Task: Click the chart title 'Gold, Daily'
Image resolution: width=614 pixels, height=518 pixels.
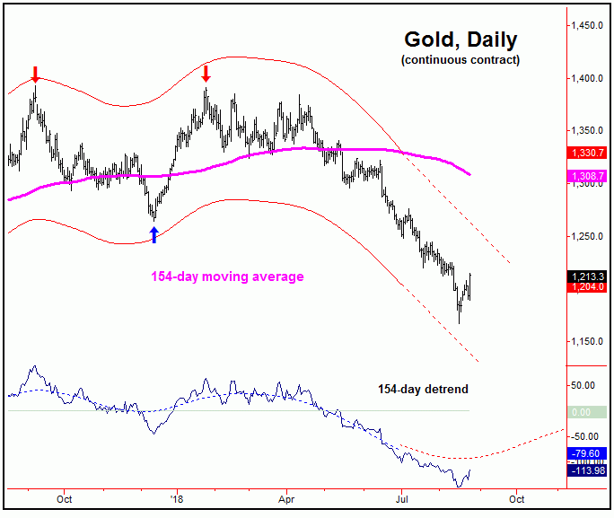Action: pos(460,40)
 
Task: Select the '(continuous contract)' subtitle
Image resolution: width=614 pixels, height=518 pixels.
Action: pos(460,60)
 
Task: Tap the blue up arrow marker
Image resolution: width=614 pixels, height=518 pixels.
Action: pos(153,234)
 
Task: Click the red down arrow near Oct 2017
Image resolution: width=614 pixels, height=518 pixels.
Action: pos(35,74)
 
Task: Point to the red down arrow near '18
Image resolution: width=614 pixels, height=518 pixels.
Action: pos(206,73)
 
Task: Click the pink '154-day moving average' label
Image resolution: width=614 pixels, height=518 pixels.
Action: pos(226,277)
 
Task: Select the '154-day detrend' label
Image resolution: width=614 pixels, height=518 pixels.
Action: pos(422,389)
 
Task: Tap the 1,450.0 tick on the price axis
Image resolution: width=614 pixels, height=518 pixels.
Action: pos(589,26)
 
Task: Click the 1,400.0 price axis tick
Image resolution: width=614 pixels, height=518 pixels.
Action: pos(589,79)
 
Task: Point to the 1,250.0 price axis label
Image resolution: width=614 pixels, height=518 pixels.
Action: pos(589,237)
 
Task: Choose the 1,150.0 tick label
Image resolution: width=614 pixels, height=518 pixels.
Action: pos(589,342)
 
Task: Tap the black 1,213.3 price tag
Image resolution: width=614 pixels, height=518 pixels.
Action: pos(589,276)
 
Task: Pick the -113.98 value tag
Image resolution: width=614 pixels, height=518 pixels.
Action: pos(589,471)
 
